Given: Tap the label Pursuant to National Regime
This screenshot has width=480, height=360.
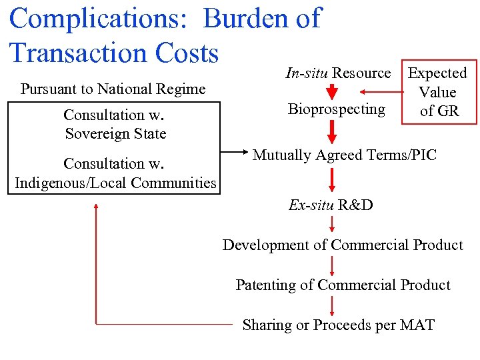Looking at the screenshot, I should [x=113, y=89].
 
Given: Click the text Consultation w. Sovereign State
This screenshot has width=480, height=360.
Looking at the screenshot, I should [x=115, y=124].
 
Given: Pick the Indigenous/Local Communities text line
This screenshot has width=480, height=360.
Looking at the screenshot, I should [x=115, y=183].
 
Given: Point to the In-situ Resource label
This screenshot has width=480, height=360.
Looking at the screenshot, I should [x=338, y=73].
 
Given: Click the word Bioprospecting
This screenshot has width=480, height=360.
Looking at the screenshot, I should [x=337, y=109].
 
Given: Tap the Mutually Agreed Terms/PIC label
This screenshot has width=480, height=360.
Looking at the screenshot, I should [x=344, y=155].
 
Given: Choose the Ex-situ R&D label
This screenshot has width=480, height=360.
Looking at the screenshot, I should [x=331, y=205].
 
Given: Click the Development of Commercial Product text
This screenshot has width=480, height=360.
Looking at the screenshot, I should [x=343, y=245].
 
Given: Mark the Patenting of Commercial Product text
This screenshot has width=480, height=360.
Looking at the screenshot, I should [x=343, y=285].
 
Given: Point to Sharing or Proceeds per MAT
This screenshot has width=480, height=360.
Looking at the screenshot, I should [x=338, y=325].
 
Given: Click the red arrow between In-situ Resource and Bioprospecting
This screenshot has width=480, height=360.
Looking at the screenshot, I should [x=332, y=92].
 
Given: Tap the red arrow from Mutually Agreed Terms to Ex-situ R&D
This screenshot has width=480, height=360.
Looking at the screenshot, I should [x=332, y=179].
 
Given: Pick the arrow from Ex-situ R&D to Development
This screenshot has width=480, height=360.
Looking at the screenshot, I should [x=332, y=225].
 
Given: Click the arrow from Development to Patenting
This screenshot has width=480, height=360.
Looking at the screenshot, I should [x=332, y=265].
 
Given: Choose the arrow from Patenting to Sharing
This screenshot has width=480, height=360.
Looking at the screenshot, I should [x=332, y=305].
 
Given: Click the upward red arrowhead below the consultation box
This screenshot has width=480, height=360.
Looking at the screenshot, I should [x=97, y=207].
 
